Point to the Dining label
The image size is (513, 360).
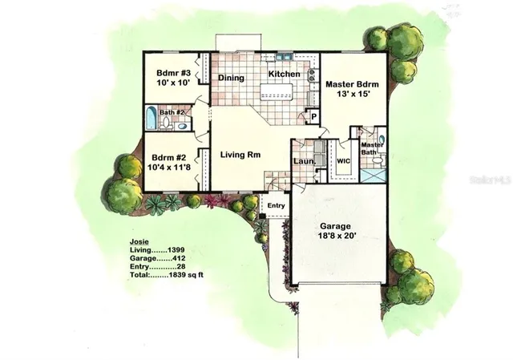coord(232,78)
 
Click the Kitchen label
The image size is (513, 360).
coord(284,75)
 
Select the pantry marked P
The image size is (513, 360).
coord(313,117)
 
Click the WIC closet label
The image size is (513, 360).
coord(344,160)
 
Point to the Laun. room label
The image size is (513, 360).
coord(302,161)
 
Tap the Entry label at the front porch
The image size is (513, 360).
coord(276,206)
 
